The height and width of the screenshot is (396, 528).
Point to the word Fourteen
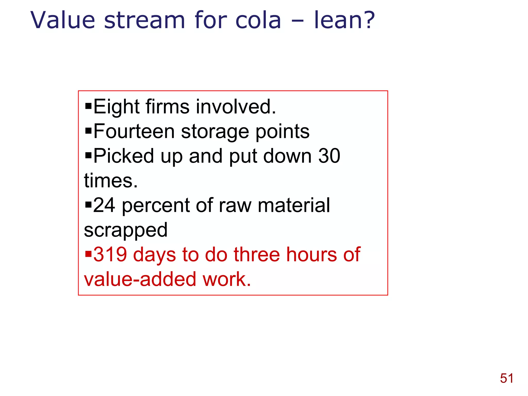[x=134, y=131]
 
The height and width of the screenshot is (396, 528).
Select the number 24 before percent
[x=104, y=205]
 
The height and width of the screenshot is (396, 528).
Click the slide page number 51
[x=507, y=378]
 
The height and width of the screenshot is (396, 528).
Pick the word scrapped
[x=126, y=230]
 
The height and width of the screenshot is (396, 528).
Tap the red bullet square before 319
[x=88, y=254]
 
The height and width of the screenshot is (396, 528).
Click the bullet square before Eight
[x=88, y=106]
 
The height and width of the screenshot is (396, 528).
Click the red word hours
[x=311, y=254]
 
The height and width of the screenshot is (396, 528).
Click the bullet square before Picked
[x=88, y=155]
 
